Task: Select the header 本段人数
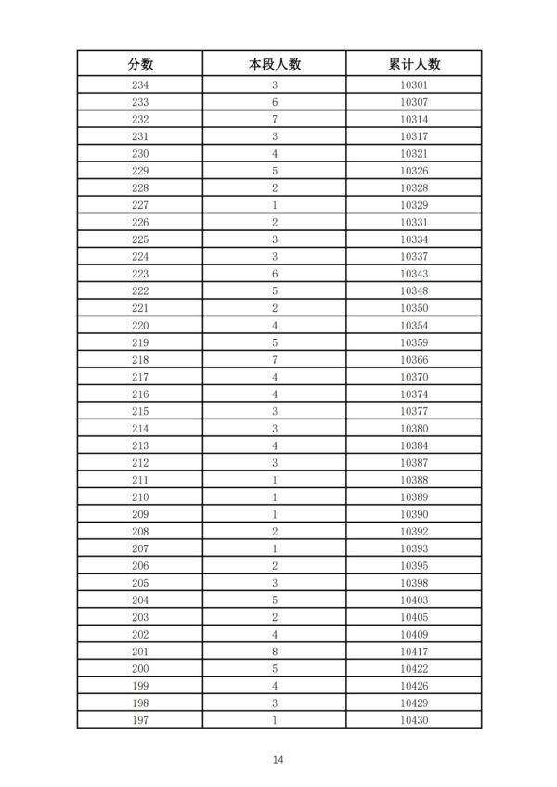coord(275,64)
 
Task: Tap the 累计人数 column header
coord(414,64)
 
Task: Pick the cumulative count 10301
coord(414,85)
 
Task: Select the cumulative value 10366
coord(414,360)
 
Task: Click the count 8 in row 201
coord(275,652)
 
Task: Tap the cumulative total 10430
coord(414,720)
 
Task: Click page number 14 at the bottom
coord(278,760)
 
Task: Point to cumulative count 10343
coord(414,274)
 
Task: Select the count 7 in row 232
coord(275,120)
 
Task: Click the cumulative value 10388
coord(414,480)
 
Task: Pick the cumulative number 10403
coord(414,600)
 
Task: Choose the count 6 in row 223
coord(275,274)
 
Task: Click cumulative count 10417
coord(414,652)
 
